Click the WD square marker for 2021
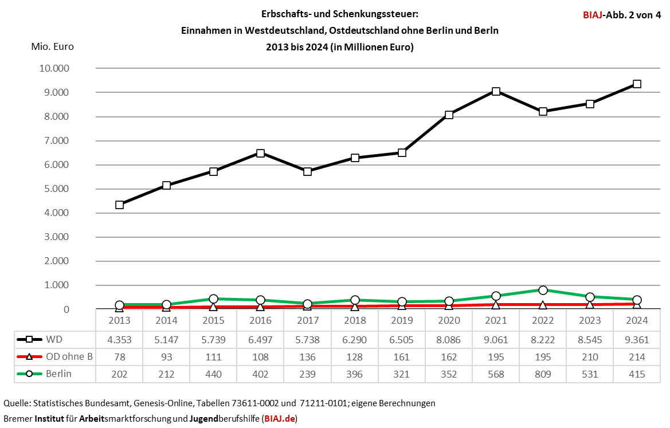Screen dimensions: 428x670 [496, 92]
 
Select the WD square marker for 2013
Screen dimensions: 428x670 [119, 205]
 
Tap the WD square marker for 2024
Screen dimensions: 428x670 [637, 84]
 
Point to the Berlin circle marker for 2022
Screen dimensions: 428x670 [543, 290]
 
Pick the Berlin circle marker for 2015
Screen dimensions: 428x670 [213, 299]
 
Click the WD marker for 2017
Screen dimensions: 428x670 [307, 171]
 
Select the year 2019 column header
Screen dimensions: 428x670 [402, 320]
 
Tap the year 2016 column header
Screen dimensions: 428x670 [260, 320]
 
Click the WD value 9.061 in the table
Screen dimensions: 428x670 [496, 339]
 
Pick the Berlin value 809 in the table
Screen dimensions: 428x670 [543, 375]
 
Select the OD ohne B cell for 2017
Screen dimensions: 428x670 [307, 357]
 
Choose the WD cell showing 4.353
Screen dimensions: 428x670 [119, 339]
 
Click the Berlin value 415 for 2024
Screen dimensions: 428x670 [637, 375]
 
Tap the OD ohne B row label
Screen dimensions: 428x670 [69, 357]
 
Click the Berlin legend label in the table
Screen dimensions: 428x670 [59, 375]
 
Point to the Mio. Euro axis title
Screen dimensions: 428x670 [52, 47]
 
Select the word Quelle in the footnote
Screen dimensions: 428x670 [17, 403]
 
